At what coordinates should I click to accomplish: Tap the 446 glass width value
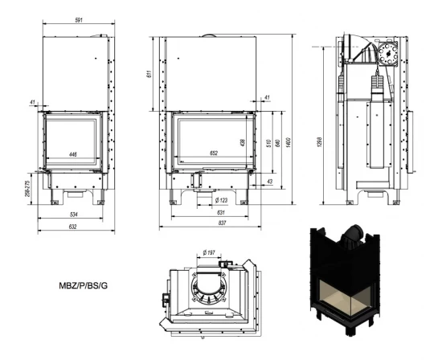tap(73, 153)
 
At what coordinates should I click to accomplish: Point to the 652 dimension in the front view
tap(214, 153)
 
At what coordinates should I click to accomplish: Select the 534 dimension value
tap(72, 215)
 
